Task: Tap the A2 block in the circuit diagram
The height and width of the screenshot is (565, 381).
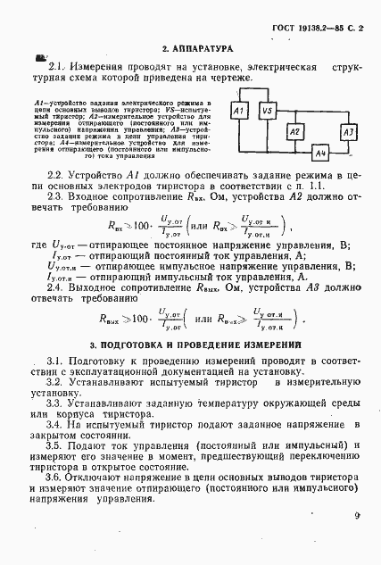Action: pyautogui.click(x=294, y=131)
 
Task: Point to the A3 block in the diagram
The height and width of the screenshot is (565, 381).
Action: pyautogui.click(x=347, y=131)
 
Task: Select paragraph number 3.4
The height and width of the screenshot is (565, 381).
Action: pyautogui.click(x=55, y=428)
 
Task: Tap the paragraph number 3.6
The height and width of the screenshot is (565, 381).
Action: pyautogui.click(x=55, y=478)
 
